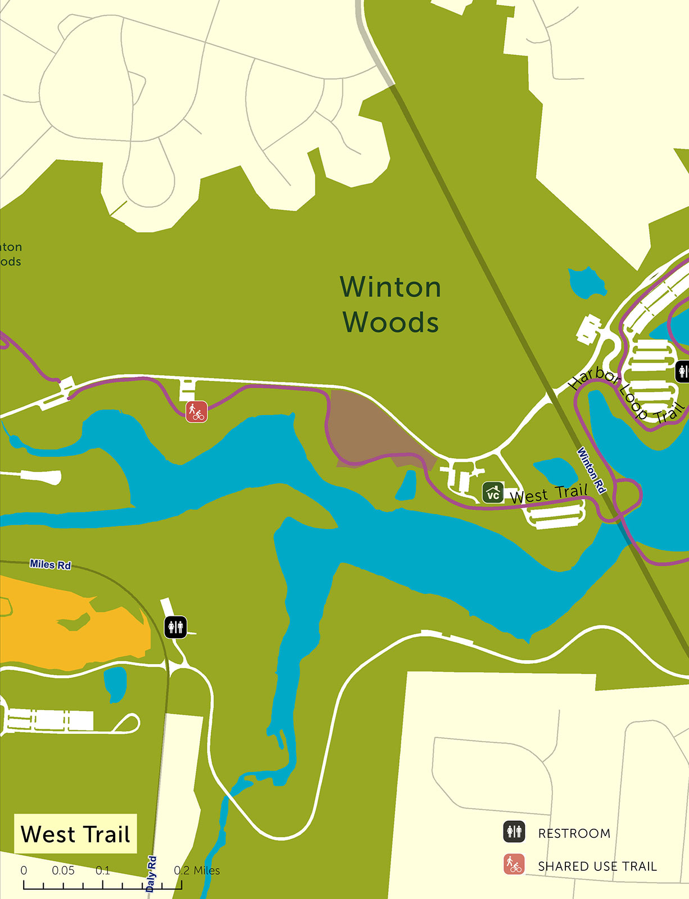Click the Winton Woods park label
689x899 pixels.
[x=391, y=305]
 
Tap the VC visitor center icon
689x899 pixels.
[x=493, y=493]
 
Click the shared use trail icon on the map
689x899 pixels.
[x=197, y=411]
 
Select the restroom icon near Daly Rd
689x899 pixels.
[x=175, y=626]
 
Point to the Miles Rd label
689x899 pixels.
[x=51, y=564]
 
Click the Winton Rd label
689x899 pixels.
[x=592, y=470]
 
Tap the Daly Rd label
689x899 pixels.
[x=151, y=874]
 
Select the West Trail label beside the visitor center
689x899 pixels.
[x=549, y=494]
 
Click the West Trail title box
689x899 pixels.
[x=75, y=834]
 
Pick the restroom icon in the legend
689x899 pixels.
[x=514, y=832]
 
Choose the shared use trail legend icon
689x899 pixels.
[x=514, y=864]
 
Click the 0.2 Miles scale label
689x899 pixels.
[x=197, y=870]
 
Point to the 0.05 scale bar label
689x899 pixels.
[x=63, y=870]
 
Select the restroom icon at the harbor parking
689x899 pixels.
[x=682, y=371]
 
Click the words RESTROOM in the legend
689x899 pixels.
[x=574, y=833]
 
